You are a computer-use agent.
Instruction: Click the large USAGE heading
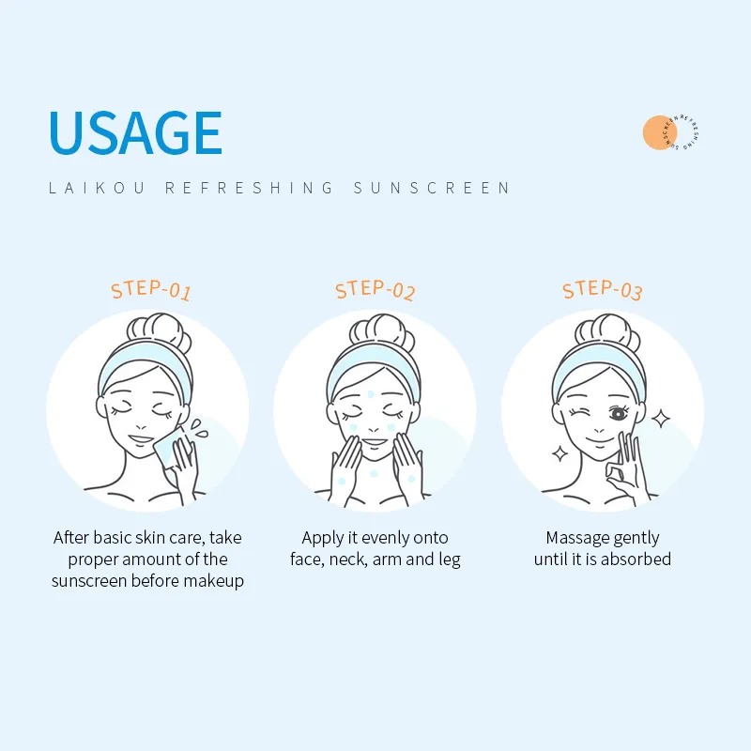[x=135, y=132]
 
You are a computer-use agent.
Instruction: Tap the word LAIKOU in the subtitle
[x=97, y=188]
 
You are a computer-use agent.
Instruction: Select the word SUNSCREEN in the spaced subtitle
[x=432, y=188]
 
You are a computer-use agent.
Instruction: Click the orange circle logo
[x=660, y=132]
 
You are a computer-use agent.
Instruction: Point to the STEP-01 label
[x=151, y=290]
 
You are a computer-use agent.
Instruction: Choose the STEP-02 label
[x=375, y=290]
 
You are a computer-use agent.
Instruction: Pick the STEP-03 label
[x=602, y=290]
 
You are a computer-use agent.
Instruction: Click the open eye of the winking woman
[x=619, y=413]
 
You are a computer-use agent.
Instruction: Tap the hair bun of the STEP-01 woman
[x=159, y=331]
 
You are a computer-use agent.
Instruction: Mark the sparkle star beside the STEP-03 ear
[x=661, y=419]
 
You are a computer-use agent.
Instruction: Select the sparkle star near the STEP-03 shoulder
[x=559, y=453]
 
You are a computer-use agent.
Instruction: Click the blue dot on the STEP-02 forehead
[x=370, y=394]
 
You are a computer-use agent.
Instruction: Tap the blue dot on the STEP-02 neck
[x=374, y=474]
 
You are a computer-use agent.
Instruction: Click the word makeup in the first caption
[x=214, y=581]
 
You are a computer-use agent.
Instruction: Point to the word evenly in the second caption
[x=385, y=538]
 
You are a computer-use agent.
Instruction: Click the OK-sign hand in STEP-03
[x=627, y=469]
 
